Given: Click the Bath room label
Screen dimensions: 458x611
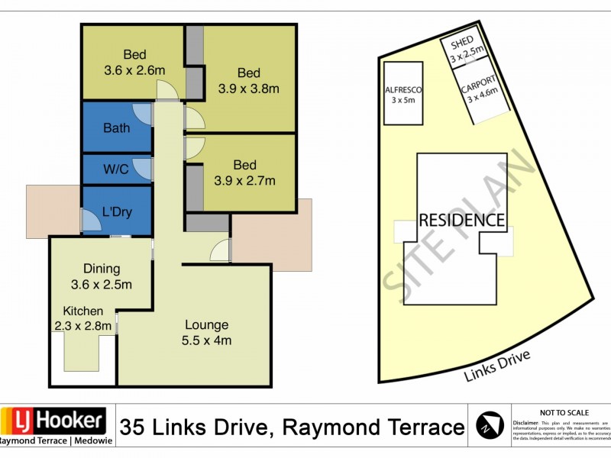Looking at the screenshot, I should pyautogui.click(x=116, y=128).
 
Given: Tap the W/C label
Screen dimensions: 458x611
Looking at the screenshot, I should pyautogui.click(x=116, y=169).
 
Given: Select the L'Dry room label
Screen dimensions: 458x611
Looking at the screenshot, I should pyautogui.click(x=117, y=211).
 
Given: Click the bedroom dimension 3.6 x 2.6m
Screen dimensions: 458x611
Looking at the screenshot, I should pyautogui.click(x=134, y=70).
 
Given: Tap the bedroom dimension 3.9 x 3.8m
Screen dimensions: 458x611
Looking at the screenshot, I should pyautogui.click(x=248, y=89).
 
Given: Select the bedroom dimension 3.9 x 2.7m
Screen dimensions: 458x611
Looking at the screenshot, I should pyautogui.click(x=244, y=181).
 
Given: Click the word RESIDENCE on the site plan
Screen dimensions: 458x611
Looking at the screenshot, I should pyautogui.click(x=462, y=221).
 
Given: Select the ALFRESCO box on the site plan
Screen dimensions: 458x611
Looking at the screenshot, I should pyautogui.click(x=403, y=94).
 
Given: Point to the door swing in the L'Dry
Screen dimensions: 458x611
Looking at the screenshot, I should pyautogui.click(x=91, y=222).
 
